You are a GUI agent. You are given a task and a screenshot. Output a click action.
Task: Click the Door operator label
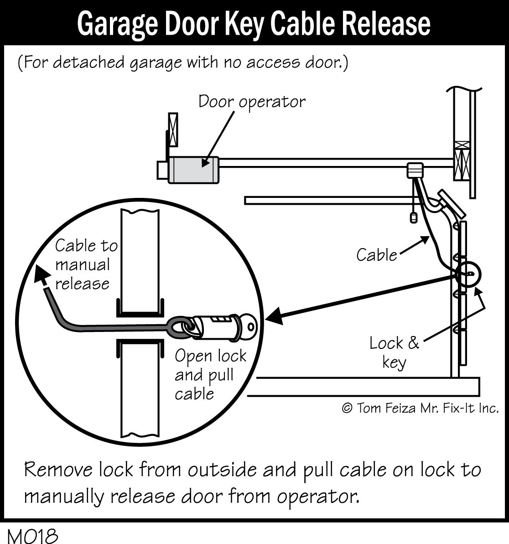coord(252,101)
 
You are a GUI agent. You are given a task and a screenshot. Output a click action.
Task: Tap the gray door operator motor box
coord(193,170)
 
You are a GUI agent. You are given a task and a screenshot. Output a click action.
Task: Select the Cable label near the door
coord(376,255)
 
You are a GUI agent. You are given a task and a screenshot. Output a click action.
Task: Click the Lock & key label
coord(394,352)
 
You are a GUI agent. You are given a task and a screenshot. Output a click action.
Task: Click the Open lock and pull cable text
coord(210,375)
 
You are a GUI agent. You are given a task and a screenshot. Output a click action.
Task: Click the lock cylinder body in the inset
coord(214,325)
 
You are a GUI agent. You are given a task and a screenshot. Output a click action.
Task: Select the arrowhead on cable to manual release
coord(42,275)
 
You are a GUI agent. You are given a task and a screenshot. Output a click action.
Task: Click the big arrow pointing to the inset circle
coord(360,298)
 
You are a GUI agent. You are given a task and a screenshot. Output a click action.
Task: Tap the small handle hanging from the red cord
coord(414,218)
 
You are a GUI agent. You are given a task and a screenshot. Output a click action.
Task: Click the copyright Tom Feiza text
coord(420,408)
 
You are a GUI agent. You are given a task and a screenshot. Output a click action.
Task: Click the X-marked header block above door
coord(462,161)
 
